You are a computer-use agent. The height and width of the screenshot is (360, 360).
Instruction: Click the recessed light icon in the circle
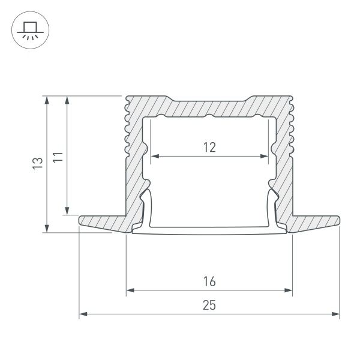point(28,29)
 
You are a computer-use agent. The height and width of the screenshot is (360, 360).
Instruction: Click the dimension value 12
point(209,146)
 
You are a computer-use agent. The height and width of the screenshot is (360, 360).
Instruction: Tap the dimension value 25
point(209,305)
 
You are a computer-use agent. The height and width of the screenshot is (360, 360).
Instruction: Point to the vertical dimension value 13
point(37,164)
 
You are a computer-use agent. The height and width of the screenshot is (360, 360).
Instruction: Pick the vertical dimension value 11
point(57,159)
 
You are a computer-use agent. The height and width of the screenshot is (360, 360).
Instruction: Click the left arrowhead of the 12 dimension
point(153,157)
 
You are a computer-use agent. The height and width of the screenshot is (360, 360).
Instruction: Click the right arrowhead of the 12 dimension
point(265,157)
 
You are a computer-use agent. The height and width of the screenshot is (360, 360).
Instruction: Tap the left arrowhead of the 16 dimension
point(130,292)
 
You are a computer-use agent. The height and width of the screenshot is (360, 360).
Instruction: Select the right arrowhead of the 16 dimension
point(289,292)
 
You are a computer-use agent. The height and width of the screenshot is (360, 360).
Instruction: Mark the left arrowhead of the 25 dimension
point(83,314)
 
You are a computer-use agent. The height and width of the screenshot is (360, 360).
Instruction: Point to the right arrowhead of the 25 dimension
point(336,314)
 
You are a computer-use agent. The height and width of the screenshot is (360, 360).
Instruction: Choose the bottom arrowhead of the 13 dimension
point(47,229)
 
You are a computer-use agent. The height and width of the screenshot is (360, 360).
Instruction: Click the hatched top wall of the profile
point(209,107)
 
